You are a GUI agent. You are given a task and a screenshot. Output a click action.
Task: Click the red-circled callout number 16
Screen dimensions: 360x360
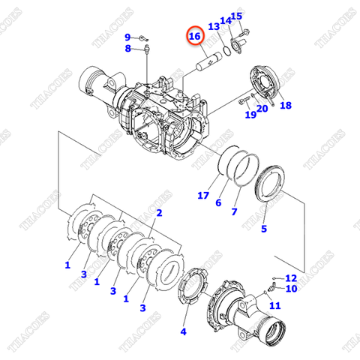click(194, 36)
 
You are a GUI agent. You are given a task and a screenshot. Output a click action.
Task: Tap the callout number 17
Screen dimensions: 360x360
click(202, 196)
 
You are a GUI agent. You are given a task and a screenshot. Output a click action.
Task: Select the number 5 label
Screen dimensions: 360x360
click(263, 229)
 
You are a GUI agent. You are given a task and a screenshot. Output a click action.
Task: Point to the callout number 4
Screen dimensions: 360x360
click(184, 331)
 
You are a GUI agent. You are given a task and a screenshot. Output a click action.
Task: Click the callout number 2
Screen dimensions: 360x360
click(159, 213)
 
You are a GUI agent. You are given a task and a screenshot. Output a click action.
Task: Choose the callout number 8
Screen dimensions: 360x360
click(128, 49)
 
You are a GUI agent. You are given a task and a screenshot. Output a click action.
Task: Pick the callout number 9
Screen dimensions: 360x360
click(127, 37)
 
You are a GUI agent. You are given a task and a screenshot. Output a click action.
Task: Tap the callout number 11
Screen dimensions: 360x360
click(274, 305)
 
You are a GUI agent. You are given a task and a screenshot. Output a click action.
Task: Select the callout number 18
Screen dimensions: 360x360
click(285, 106)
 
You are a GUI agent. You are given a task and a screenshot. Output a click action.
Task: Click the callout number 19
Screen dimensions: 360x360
click(250, 114)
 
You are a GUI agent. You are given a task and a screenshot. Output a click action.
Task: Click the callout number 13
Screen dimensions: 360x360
click(213, 27)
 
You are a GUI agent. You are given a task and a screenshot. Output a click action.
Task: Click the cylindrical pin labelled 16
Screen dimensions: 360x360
click(207, 60)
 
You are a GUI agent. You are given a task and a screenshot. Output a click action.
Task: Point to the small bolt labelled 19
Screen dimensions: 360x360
click(244, 100)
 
